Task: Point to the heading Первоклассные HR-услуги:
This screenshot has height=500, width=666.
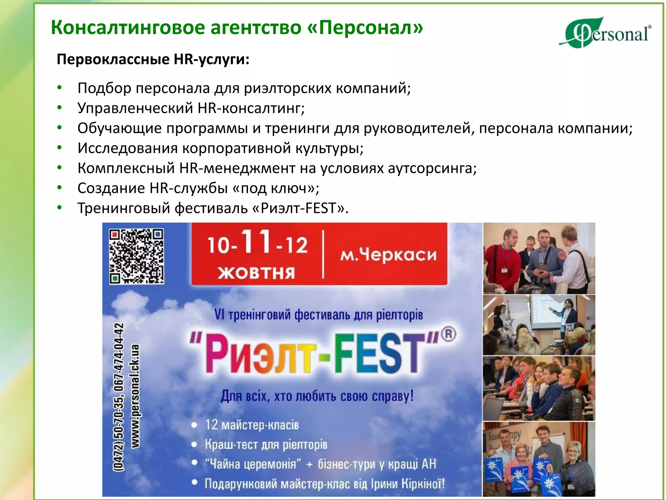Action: tap(153, 60)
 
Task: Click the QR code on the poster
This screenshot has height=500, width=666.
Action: tap(136, 256)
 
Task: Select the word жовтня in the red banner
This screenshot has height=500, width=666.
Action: tap(257, 273)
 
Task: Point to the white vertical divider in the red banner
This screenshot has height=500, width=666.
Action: tap(323, 254)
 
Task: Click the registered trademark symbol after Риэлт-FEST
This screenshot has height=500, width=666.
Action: tap(448, 334)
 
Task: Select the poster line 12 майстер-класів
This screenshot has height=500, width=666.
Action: tap(252, 425)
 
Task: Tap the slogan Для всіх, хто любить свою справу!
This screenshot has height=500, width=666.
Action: tap(317, 396)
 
